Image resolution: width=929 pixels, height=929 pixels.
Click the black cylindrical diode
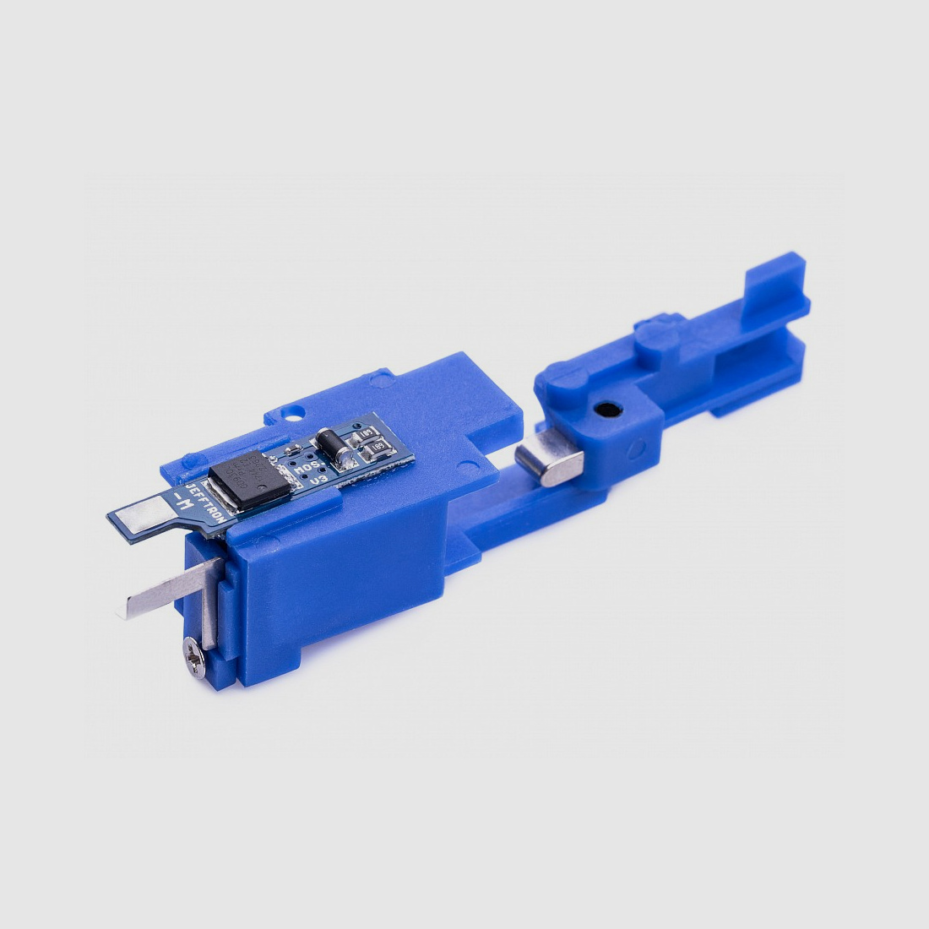tap(329, 444)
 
